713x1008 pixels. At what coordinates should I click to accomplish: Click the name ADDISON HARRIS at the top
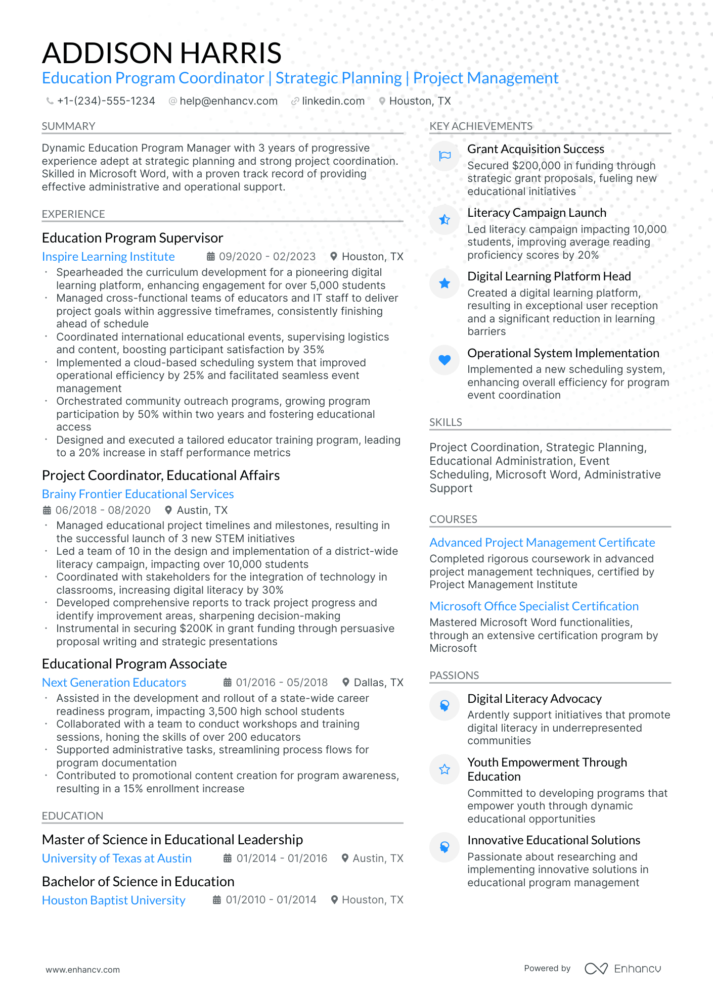coord(162,53)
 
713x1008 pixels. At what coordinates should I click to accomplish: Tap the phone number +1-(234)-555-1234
coord(106,101)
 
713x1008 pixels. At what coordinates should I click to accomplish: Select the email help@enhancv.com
coord(229,101)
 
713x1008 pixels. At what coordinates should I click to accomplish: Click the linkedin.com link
coord(333,101)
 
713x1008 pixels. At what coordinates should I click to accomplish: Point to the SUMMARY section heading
coord(68,126)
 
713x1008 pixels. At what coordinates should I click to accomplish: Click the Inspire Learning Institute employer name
coord(108,257)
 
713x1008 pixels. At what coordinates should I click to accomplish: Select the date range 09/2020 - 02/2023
coord(267,257)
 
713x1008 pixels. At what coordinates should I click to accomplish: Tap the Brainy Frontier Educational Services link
coord(138,494)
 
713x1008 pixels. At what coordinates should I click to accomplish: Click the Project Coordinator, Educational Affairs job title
coord(161,475)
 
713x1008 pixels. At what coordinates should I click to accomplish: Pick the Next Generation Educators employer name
coord(114,683)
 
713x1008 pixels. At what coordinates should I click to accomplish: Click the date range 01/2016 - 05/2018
coord(282,683)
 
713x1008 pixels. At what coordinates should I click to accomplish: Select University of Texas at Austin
coord(117,858)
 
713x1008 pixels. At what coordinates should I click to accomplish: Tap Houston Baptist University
coord(114,900)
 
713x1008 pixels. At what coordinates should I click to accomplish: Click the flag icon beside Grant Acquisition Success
coord(444,156)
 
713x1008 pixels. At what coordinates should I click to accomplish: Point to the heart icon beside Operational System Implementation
coord(444,360)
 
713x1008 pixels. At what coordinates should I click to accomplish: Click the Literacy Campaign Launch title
coord(537,213)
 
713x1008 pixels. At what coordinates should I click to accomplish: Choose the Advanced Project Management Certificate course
coord(542,543)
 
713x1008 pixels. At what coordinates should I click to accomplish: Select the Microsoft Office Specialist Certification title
coord(534,606)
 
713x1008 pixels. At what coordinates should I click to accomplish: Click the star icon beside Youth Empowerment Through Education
coord(444,769)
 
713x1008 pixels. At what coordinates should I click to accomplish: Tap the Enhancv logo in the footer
coord(623,969)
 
